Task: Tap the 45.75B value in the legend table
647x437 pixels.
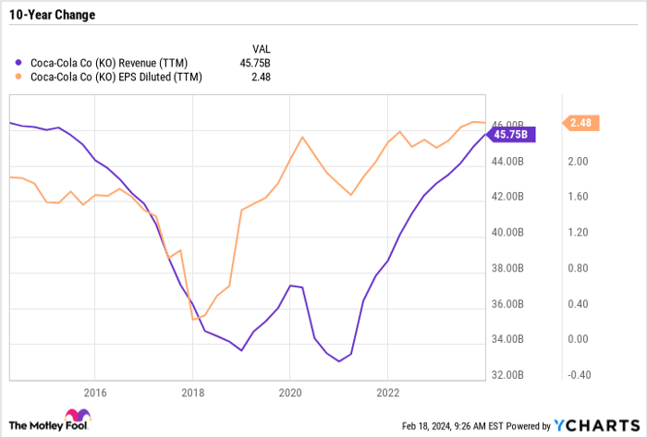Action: click(x=266, y=64)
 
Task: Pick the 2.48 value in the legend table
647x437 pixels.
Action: click(x=273, y=78)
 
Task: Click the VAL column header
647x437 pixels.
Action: click(x=262, y=48)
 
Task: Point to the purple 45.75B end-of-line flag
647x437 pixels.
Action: click(x=510, y=134)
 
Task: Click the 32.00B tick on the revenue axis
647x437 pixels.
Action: click(x=507, y=375)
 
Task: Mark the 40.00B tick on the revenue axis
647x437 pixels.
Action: click(x=507, y=233)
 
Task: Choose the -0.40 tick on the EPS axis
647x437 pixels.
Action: click(x=580, y=375)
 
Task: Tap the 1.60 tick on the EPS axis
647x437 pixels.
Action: click(x=580, y=197)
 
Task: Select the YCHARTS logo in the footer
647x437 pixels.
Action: click(x=601, y=426)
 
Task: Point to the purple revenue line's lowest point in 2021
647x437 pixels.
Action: click(x=338, y=361)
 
